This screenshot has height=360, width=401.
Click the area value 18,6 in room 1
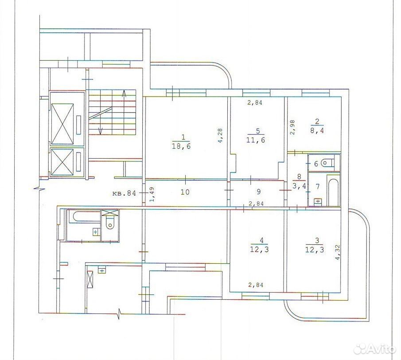(x=183, y=147)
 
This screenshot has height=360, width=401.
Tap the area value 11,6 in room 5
(x=257, y=140)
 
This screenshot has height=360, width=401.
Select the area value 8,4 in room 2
(x=317, y=130)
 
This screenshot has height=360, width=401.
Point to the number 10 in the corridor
(x=185, y=192)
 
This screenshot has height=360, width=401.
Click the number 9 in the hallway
(x=258, y=192)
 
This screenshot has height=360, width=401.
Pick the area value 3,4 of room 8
(x=299, y=186)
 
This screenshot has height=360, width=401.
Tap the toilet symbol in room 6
(x=328, y=162)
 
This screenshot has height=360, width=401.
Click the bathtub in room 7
(x=333, y=190)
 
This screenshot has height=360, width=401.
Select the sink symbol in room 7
(x=318, y=201)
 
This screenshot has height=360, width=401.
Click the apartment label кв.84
(x=124, y=193)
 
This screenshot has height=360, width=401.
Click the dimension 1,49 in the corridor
(x=152, y=195)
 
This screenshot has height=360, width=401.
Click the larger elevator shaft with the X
(x=62, y=124)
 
